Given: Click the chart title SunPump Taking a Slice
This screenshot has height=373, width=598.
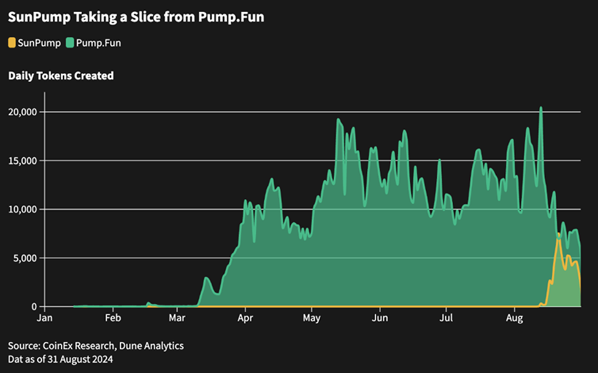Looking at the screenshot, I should click(x=136, y=17).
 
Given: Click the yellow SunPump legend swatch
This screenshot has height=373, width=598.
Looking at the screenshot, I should click(x=12, y=43).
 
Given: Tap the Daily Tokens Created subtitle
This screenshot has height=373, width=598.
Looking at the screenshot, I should click(x=61, y=76).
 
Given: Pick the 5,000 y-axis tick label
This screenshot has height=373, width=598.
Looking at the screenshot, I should click(x=25, y=258).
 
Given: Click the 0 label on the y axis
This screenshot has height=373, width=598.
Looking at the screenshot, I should click(x=34, y=306).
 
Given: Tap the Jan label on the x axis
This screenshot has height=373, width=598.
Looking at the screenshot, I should click(x=44, y=318).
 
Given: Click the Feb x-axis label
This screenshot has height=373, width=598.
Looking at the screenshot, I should click(x=112, y=318).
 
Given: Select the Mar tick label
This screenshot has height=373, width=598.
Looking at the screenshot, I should click(x=177, y=318).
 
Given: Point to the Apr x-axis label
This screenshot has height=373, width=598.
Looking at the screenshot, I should click(x=245, y=318).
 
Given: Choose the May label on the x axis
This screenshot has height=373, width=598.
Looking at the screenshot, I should click(x=312, y=318).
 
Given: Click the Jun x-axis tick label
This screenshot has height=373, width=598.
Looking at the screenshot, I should click(x=380, y=318).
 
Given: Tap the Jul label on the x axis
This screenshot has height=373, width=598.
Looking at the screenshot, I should click(x=447, y=318).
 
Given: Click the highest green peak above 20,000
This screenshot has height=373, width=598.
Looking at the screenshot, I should click(x=541, y=108).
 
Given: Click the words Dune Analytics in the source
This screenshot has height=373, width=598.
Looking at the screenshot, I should click(x=153, y=346).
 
